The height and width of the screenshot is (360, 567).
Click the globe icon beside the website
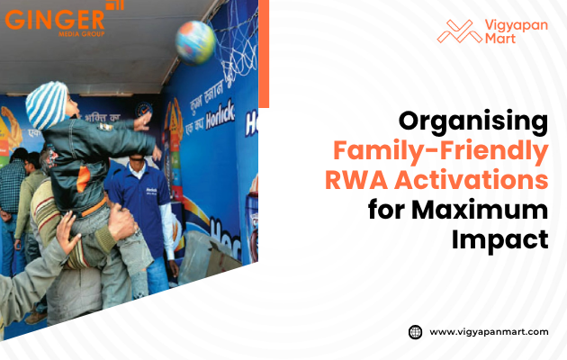pos(416,331)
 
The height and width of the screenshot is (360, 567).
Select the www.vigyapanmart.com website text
pos(489,331)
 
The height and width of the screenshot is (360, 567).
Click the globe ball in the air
pos(195,41)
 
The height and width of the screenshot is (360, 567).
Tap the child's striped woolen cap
pos(48,103)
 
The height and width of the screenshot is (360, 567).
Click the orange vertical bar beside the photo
pos(264,54)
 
